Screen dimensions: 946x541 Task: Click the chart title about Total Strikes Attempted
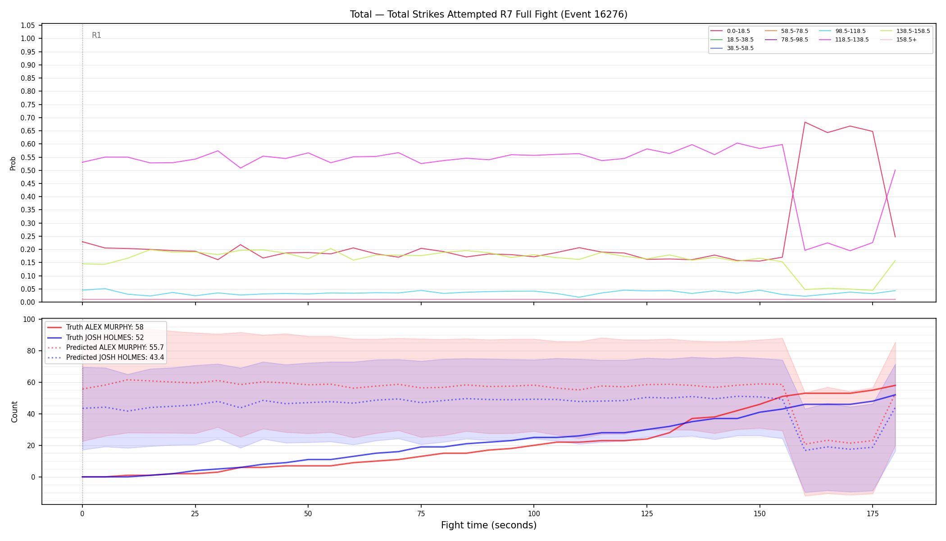(489, 14)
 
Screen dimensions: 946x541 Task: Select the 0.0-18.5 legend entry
(730, 31)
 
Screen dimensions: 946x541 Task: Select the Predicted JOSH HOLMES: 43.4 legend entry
(106, 358)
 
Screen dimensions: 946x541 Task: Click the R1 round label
(96, 35)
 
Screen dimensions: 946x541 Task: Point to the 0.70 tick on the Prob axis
(28, 118)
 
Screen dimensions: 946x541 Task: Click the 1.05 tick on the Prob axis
(28, 25)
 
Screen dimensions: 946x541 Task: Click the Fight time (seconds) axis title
(489, 525)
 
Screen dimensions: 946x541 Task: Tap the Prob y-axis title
(13, 163)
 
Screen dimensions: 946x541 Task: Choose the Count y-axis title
(14, 412)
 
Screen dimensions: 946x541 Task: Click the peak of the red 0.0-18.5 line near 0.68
(805, 122)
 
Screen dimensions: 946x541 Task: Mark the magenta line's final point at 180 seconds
(895, 170)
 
